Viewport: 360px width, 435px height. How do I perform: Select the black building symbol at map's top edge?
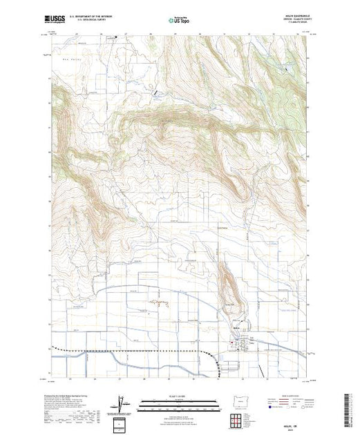[x=115, y=37]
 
